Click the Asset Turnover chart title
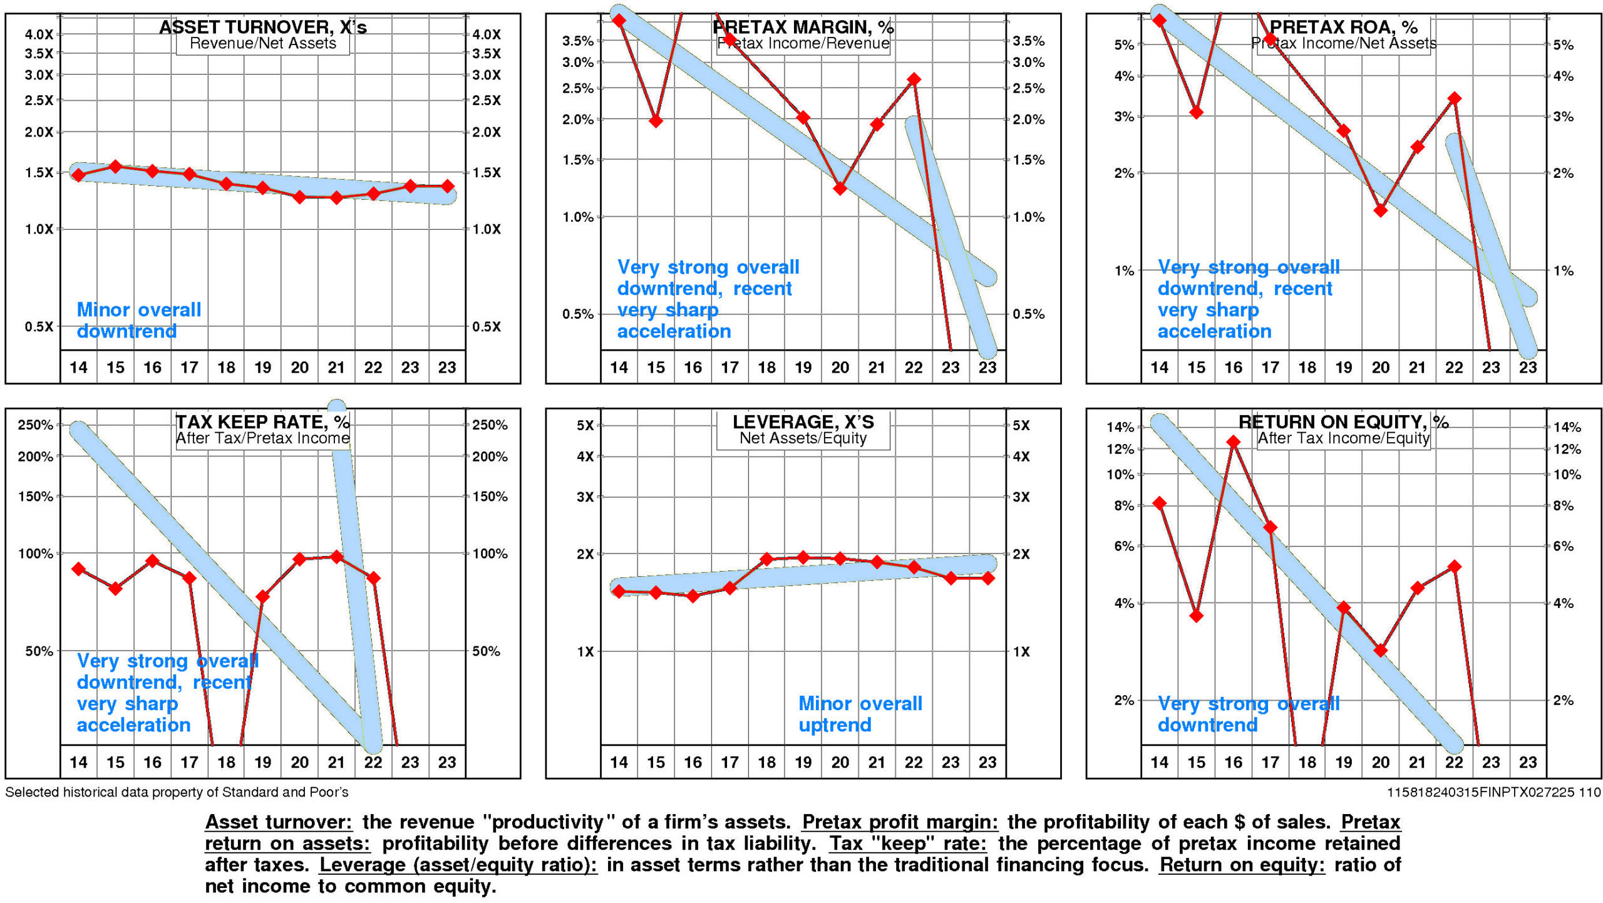(262, 27)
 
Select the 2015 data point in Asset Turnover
(115, 167)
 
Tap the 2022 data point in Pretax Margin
(914, 80)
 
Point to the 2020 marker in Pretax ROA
(1381, 210)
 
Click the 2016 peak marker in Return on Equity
(1233, 442)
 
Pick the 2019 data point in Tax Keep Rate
(263, 596)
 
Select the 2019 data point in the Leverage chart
(803, 557)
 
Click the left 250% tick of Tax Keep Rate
(35, 425)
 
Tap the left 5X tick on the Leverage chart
(585, 425)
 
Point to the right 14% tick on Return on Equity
(1567, 427)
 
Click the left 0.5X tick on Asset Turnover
(39, 326)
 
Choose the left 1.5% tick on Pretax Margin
(577, 160)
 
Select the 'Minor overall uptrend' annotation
(860, 714)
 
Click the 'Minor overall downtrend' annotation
(138, 320)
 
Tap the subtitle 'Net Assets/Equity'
(803, 438)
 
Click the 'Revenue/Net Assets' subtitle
(262, 43)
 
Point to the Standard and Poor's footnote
(177, 792)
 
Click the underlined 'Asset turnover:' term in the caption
(279, 822)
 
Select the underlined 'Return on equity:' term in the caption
(1241, 865)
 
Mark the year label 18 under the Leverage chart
(766, 762)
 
